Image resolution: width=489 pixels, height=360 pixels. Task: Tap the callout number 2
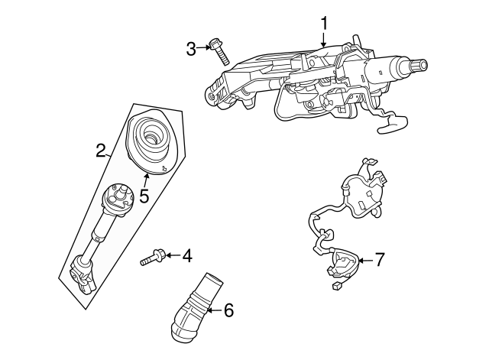99,151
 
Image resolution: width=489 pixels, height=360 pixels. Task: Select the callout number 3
191,50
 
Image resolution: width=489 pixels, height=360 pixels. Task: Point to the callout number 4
186,256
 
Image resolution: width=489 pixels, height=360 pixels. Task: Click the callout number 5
142,196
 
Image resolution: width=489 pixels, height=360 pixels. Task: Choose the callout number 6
228,310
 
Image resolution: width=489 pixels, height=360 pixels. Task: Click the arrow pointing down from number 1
323,41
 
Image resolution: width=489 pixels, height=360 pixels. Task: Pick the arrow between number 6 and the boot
212,310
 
